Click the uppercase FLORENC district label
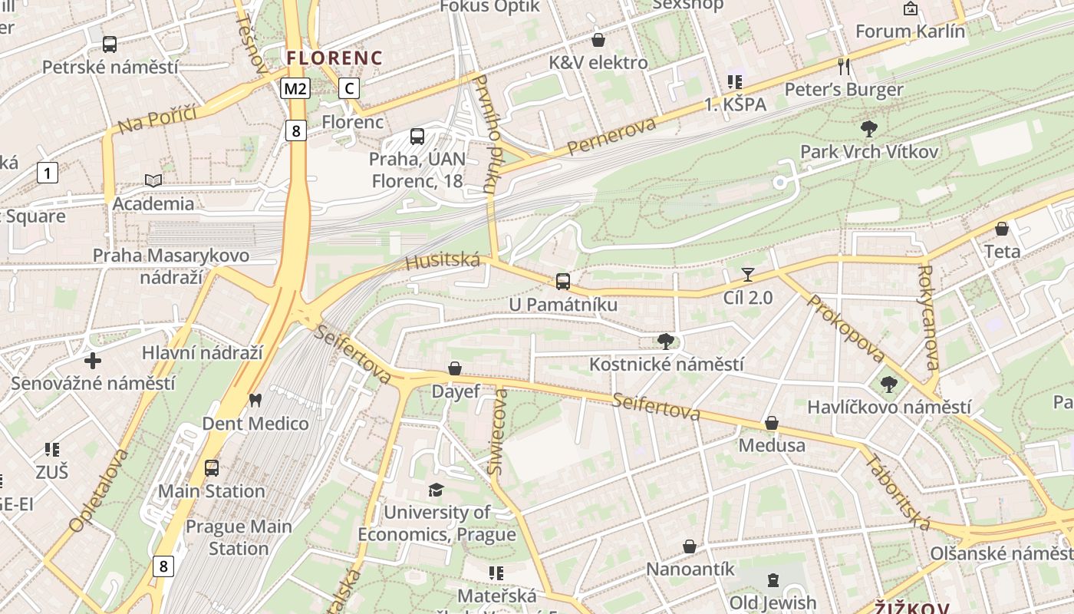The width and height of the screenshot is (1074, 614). pos(334,58)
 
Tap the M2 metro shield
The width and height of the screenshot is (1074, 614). pos(295,89)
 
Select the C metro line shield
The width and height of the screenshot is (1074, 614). pos(349,88)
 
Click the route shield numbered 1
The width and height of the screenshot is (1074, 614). pos(48,173)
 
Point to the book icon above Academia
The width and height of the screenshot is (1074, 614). pos(153,180)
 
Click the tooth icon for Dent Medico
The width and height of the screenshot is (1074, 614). pos(255,400)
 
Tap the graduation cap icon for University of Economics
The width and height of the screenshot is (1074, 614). pos(436,490)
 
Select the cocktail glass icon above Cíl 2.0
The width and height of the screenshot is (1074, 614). pos(748,275)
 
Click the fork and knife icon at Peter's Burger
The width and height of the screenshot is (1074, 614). pos(844,66)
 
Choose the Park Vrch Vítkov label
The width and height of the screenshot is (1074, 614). pos(869,151)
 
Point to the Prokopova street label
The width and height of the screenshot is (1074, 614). pos(846,328)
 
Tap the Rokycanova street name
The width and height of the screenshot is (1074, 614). pos(927,318)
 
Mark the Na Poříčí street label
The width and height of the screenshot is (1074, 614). pos(157,120)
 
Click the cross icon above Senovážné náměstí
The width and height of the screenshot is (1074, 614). pos(93,361)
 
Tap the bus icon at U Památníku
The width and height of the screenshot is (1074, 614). pos(563,282)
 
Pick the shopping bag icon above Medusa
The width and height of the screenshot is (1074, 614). pos(771,423)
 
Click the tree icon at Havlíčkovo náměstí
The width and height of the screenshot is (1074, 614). pos(888,385)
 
